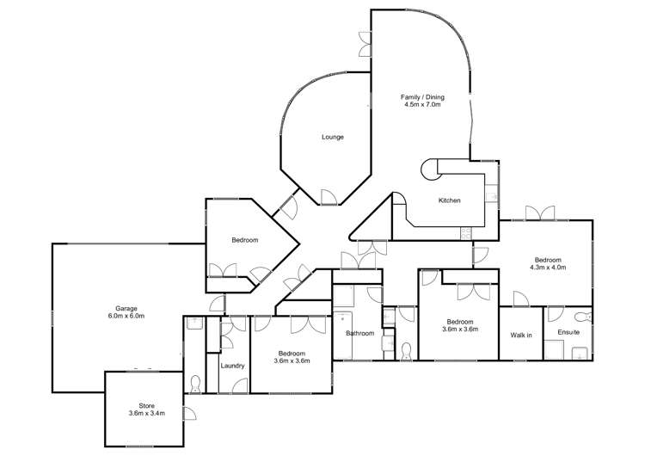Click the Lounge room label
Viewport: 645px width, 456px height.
click(x=333, y=137)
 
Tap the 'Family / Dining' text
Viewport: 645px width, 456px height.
click(x=421, y=96)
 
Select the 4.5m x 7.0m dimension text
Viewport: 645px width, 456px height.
click(x=421, y=105)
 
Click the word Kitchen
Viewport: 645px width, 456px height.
click(x=450, y=200)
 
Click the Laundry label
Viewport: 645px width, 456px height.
click(x=232, y=366)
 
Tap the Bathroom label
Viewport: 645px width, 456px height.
click(x=359, y=333)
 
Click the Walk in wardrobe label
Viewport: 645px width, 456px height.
click(x=521, y=334)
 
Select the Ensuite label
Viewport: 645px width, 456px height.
click(x=568, y=332)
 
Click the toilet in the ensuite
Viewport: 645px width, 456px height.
click(x=580, y=317)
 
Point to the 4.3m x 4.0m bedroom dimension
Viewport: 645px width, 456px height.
click(x=548, y=268)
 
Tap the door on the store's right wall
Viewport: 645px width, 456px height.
click(x=188, y=414)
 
